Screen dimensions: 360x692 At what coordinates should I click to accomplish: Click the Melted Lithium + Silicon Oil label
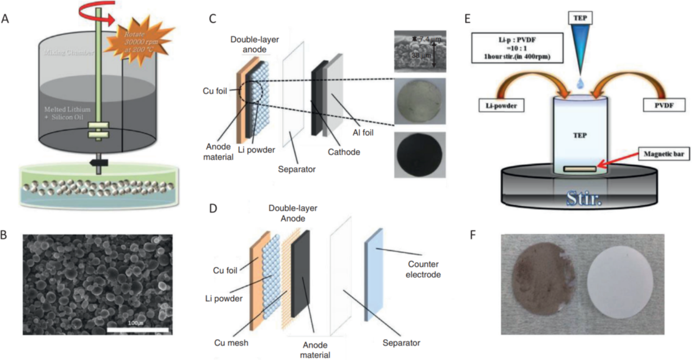point(67,113)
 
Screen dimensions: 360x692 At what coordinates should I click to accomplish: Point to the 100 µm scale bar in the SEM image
point(138,330)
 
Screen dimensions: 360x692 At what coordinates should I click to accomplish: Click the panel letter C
point(212,19)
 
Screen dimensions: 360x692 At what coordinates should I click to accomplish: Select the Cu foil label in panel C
point(215,91)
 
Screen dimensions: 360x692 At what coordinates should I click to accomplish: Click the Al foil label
point(363,133)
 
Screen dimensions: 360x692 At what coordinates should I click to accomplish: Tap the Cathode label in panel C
point(343,152)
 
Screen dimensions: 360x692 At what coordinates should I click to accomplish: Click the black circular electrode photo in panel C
point(420,155)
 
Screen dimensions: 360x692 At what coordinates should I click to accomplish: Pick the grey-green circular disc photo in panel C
point(420,101)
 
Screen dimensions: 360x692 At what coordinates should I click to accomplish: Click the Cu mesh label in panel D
point(231,343)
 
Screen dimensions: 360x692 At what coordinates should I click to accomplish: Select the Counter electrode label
point(423,269)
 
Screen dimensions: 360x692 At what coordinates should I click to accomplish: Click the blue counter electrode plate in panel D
point(374,273)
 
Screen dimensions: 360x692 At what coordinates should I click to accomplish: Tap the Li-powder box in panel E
point(501,106)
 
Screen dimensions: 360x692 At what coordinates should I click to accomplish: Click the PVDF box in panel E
point(664,105)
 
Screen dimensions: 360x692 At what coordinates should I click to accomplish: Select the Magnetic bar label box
point(664,154)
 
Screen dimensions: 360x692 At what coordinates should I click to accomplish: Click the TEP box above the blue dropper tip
point(580,18)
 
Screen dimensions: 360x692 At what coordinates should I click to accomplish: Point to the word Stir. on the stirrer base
point(584,198)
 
